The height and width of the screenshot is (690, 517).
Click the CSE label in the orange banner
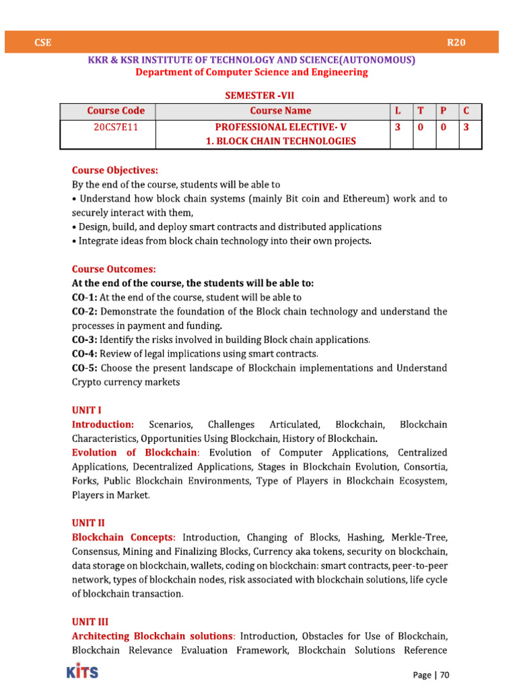coord(43,42)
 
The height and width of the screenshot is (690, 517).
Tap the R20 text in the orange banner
coord(456,42)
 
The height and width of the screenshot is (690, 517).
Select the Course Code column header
coord(116,111)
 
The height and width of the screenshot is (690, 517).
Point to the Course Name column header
coord(281,111)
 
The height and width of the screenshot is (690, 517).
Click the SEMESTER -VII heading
coord(259,96)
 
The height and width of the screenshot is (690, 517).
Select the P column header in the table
coord(443,111)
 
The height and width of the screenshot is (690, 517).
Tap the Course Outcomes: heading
coord(114,269)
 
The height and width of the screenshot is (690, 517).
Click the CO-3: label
coord(85,340)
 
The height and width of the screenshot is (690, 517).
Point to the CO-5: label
coord(85,368)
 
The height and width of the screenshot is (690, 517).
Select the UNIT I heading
coord(87,410)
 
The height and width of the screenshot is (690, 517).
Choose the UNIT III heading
coord(90,622)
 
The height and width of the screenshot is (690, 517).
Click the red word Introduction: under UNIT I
coord(103,425)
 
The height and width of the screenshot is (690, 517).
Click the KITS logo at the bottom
coord(82,672)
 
